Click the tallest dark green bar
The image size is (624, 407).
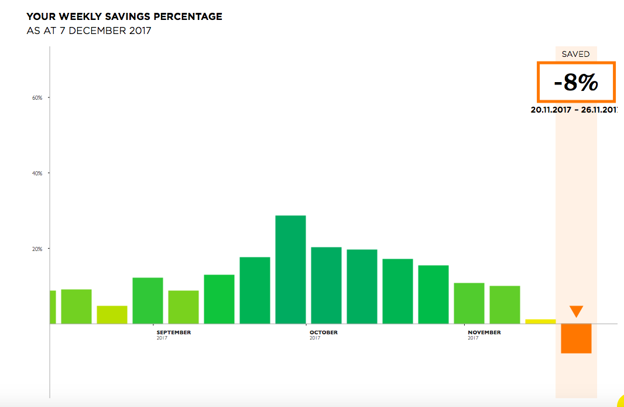290,269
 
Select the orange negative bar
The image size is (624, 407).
576,338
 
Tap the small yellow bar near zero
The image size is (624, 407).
540,321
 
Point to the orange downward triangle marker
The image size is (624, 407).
576,311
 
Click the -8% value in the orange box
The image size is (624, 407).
576,83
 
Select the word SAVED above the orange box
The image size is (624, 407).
575,54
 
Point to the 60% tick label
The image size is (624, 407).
37,97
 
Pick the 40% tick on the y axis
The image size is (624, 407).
37,173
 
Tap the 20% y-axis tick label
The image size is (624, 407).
37,249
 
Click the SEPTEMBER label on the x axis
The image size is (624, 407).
173,333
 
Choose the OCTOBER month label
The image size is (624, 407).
324,333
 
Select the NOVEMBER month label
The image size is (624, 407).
484,333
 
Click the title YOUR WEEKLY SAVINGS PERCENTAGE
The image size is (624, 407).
124,17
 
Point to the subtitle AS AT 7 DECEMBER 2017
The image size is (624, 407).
89,30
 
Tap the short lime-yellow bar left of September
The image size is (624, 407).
112,315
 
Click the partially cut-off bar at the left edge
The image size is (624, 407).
53,307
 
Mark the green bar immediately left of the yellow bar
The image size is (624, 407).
505,304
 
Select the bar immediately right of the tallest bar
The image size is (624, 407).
326,285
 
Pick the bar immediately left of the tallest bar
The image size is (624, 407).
255,290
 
